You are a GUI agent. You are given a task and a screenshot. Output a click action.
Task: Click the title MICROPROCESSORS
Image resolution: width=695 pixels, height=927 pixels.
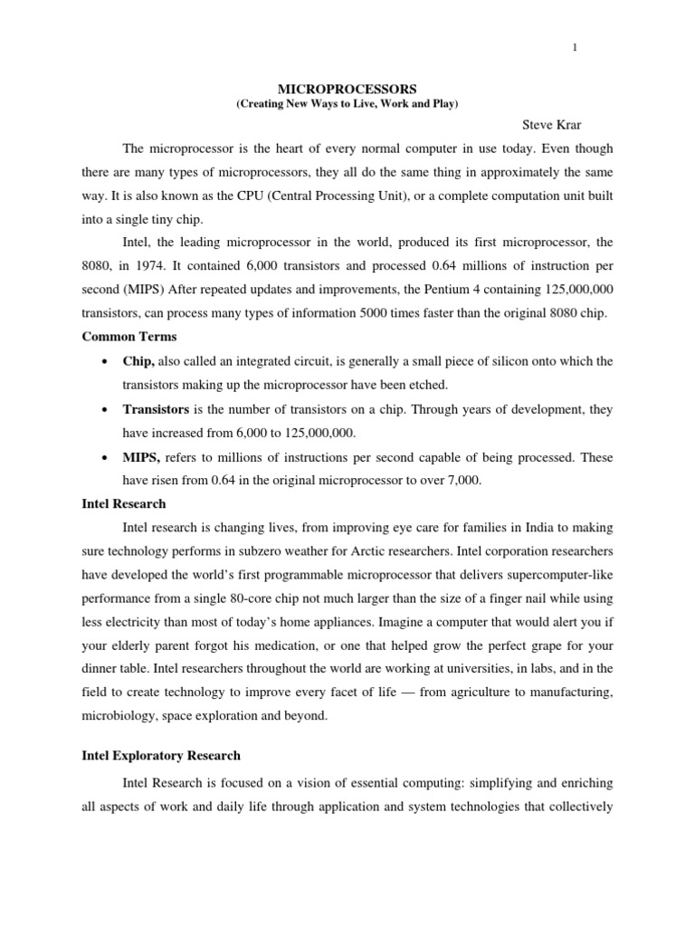347,91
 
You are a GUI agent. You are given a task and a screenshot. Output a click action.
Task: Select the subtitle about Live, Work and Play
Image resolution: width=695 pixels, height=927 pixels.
347,105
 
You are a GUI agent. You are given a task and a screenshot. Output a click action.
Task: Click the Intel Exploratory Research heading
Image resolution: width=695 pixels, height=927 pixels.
161,755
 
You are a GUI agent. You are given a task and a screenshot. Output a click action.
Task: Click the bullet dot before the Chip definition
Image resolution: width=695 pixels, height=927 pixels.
108,362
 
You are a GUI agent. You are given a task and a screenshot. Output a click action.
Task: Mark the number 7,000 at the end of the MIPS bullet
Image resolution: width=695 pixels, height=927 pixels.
463,481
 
